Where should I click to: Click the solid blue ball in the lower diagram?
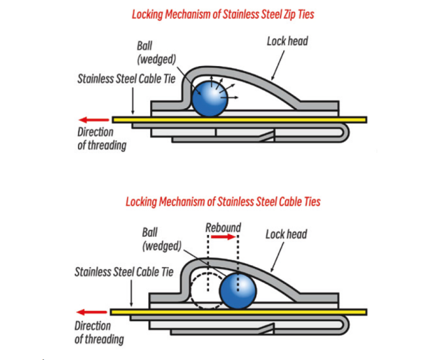(x=236, y=291)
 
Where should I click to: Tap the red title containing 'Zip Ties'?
(x=218, y=14)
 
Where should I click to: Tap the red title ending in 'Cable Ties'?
(x=223, y=202)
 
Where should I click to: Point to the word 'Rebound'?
(x=223, y=228)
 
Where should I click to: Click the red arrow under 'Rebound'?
(x=223, y=238)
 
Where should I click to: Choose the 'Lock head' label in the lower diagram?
(x=286, y=234)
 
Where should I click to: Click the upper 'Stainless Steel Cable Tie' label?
(x=127, y=80)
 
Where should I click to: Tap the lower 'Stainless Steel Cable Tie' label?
(x=124, y=272)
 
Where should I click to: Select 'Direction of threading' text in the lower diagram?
(x=98, y=333)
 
